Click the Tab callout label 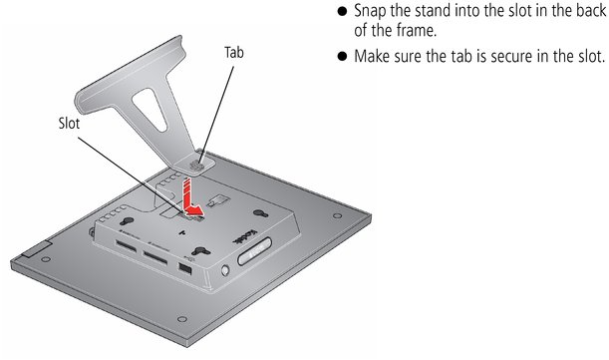pos(234,53)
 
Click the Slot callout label pos(69,124)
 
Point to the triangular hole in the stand pos(150,109)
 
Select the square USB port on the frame pos(185,268)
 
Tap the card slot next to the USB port pos(155,257)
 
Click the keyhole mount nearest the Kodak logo pos(260,213)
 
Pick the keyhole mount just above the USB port pos(200,251)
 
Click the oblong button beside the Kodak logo pos(254,250)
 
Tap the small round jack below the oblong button pos(225,270)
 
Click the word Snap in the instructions pos(370,11)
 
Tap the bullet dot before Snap pos(342,11)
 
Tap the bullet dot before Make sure pos(342,57)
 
